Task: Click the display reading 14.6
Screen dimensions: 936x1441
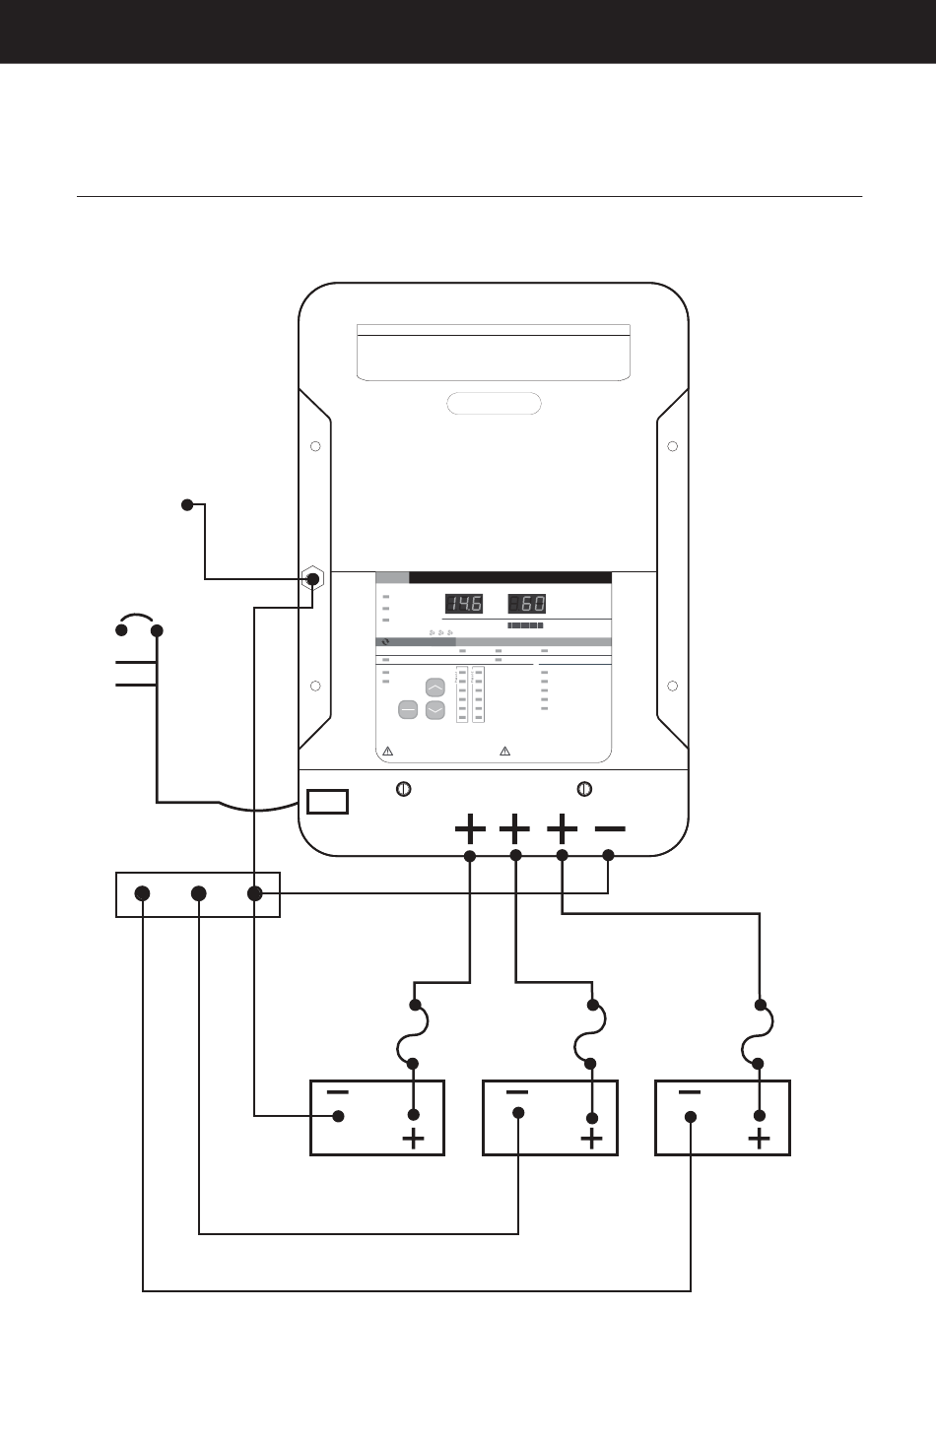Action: pyautogui.click(x=464, y=604)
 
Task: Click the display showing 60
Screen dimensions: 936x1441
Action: pyautogui.click(x=527, y=604)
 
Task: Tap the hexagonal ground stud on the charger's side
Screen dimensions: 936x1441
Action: pyautogui.click(x=312, y=579)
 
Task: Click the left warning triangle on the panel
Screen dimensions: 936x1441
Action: pyautogui.click(x=387, y=751)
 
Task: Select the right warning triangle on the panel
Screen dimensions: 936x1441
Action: pyautogui.click(x=505, y=751)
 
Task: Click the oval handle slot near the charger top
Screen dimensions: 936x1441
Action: pyautogui.click(x=494, y=404)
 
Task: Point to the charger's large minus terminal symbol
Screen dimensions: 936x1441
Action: pyautogui.click(x=610, y=829)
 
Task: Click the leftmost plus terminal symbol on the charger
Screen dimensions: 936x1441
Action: pyautogui.click(x=470, y=829)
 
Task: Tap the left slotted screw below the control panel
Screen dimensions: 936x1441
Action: pyautogui.click(x=403, y=789)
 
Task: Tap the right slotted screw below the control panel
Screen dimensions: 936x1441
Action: pyautogui.click(x=584, y=789)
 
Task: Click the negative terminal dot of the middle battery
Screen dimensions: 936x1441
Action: pyautogui.click(x=518, y=1113)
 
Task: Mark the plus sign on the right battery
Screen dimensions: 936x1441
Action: pyautogui.click(x=759, y=1140)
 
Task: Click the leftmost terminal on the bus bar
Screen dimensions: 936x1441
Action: pyautogui.click(x=142, y=893)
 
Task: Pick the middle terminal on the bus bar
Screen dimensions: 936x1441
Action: pyautogui.click(x=199, y=893)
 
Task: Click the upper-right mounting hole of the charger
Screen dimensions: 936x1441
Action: pyautogui.click(x=672, y=446)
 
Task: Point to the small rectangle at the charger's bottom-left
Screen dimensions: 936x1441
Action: pyautogui.click(x=327, y=802)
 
